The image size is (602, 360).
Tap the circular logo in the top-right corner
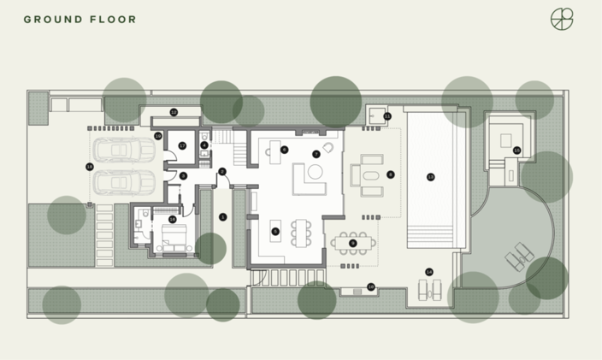562,19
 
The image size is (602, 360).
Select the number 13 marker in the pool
430,177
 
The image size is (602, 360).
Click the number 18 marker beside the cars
90,166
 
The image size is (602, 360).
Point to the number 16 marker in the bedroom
173,219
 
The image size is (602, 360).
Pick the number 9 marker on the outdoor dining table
353,243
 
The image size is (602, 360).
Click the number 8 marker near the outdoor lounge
391,174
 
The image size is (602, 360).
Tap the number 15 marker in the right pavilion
516,150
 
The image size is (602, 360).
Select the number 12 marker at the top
174,112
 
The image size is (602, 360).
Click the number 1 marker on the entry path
222,217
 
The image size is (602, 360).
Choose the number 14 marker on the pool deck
428,272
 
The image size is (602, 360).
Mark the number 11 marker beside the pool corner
387,115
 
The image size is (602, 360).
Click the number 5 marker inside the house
275,231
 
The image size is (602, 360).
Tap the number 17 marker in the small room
182,145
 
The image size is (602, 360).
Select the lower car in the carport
125,181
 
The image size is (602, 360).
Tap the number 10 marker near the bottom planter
370,286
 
